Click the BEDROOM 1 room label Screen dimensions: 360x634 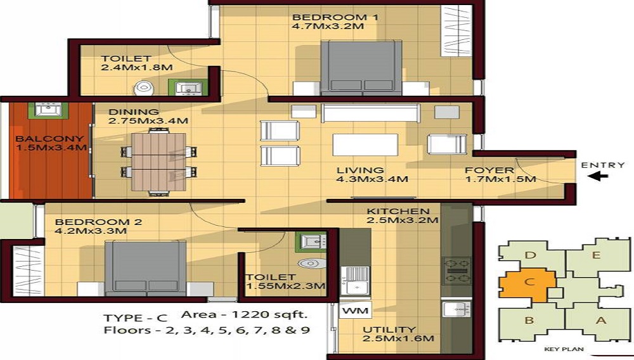click(335, 17)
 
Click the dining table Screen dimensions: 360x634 click(158, 162)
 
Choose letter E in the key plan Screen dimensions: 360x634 click(596, 256)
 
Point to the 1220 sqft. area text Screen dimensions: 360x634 click(244, 314)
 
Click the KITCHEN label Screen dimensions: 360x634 click(398, 211)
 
